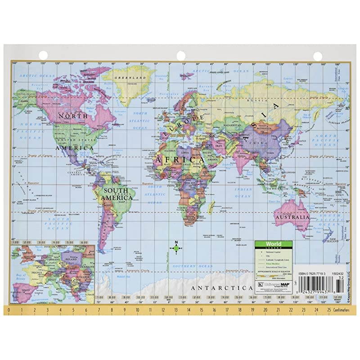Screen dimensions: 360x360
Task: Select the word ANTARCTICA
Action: click(x=221, y=288)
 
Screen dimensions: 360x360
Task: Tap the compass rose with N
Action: click(x=176, y=248)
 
